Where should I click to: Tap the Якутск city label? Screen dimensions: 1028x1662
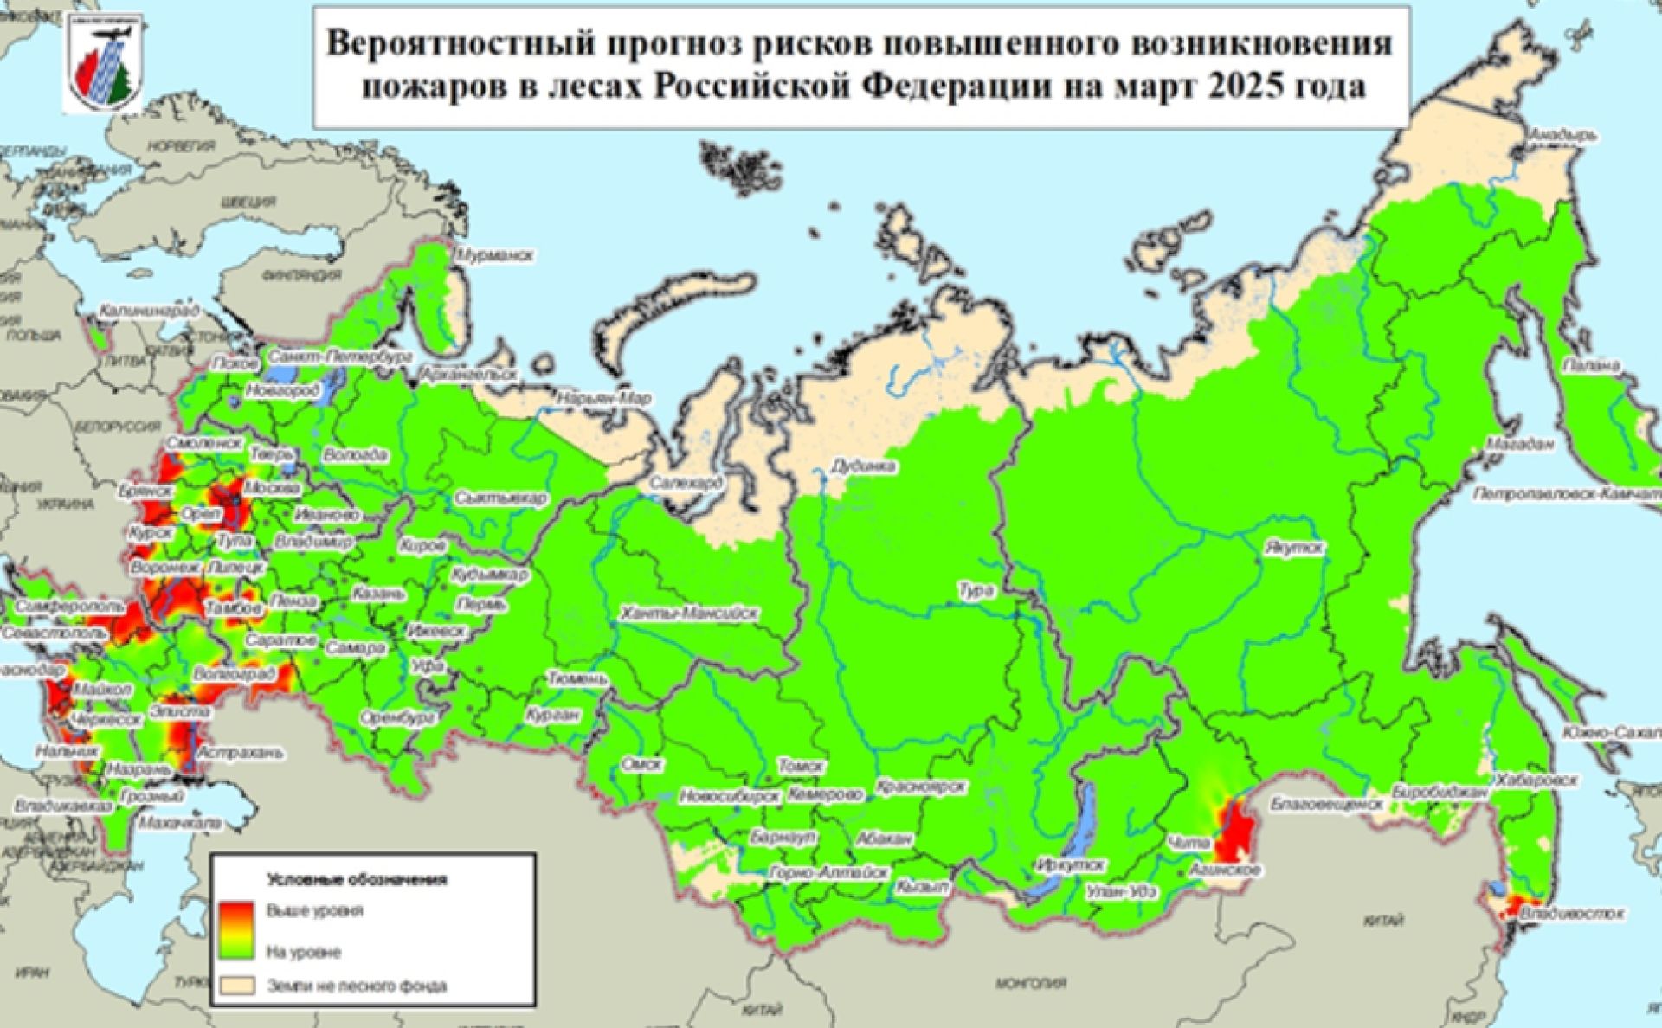click(1293, 549)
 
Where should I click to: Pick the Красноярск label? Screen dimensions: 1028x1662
click(920, 787)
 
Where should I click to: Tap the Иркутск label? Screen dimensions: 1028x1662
click(1071, 864)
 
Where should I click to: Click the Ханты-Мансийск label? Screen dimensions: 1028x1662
click(689, 614)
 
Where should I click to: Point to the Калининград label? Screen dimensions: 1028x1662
click(149, 310)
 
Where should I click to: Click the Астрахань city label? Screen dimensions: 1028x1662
click(241, 752)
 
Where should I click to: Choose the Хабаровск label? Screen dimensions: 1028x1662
click(1536, 780)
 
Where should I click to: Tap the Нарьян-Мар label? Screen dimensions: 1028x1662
click(605, 399)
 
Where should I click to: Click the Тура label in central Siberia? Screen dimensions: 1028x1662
click(976, 590)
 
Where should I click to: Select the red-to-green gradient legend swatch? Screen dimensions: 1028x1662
click(235, 930)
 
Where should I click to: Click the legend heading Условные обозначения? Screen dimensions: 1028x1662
click(357, 880)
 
